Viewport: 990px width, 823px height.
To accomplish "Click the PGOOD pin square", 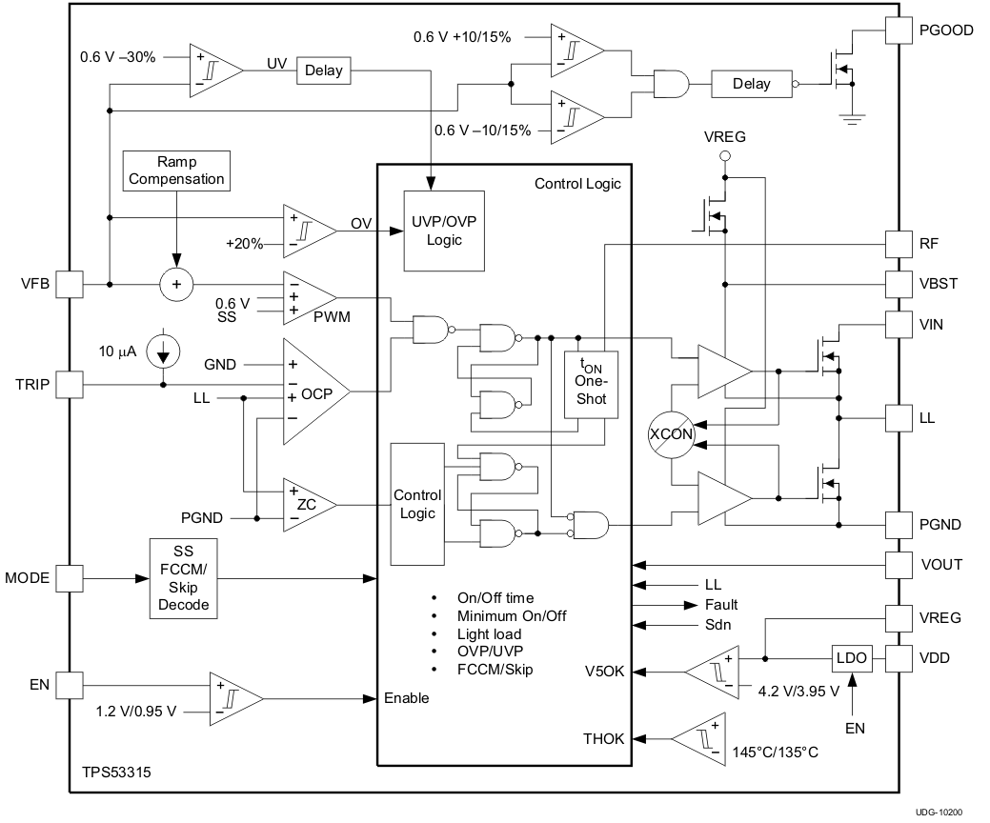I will pos(899,30).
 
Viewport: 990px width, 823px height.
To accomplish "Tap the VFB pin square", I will pos(70,284).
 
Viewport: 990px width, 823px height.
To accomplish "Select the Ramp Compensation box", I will pos(177,170).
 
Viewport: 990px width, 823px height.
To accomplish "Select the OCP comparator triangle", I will pos(313,391).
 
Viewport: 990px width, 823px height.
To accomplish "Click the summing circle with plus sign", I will pos(175,285).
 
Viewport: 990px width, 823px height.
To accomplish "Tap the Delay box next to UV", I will pos(325,70).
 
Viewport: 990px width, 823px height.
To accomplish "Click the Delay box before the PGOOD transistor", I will pos(751,84).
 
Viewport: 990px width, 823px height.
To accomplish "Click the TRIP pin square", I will pos(70,385).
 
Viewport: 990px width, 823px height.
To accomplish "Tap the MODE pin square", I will pos(70,578).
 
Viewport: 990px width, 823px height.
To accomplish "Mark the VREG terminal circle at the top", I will pos(724,155).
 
